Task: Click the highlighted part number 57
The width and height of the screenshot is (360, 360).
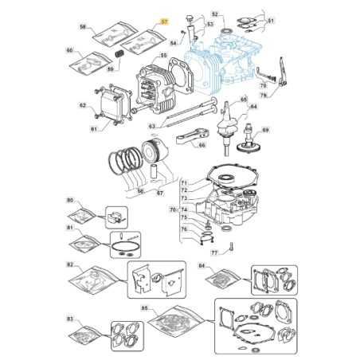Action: tap(165, 22)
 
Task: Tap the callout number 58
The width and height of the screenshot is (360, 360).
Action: tap(83, 27)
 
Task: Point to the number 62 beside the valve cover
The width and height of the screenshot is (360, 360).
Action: tap(83, 105)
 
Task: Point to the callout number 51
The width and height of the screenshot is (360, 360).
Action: tap(270, 20)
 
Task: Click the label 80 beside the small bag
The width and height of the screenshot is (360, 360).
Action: tap(70, 200)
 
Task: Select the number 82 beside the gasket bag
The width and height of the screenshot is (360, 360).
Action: tap(70, 263)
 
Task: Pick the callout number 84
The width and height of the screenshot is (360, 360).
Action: tap(202, 264)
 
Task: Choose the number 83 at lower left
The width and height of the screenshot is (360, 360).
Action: tap(70, 319)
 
